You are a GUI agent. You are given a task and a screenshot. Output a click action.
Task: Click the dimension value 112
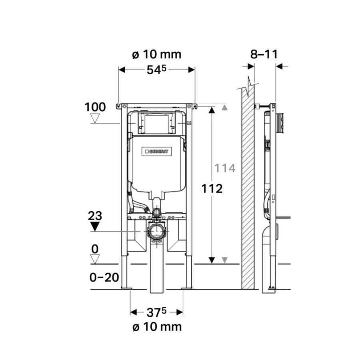tap(212, 188)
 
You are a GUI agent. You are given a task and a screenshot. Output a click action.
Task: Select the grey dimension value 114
tap(224, 168)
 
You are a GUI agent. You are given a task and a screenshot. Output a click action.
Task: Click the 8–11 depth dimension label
tap(264, 54)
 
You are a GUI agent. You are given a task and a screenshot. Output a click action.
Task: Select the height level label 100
tap(95, 107)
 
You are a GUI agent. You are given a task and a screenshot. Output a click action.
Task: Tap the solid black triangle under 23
tap(95, 227)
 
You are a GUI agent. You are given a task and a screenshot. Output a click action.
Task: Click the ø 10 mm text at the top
tap(156, 54)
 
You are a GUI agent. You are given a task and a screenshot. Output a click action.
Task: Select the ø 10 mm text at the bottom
tap(156, 327)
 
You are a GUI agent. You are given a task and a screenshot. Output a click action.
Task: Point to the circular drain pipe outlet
tap(156, 232)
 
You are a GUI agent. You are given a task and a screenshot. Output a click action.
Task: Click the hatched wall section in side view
tap(248, 188)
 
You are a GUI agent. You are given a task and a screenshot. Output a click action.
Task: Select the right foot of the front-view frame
tap(187, 287)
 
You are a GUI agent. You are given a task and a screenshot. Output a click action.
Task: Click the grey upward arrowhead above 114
tap(225, 107)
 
